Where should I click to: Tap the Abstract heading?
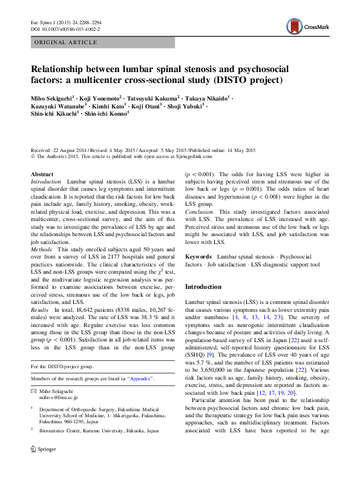click(x=42, y=174)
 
